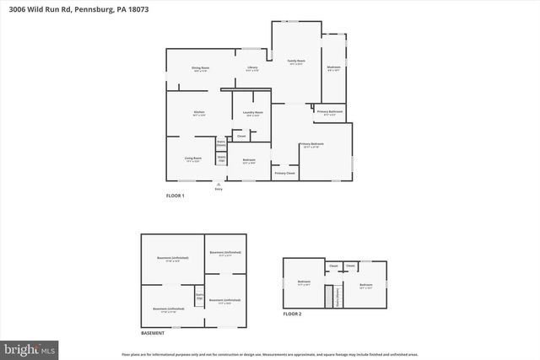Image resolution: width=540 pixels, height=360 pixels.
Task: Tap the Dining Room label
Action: pos(200,67)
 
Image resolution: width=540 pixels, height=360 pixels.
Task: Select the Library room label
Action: pos(252,67)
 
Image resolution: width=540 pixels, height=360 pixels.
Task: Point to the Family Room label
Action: pos(296,62)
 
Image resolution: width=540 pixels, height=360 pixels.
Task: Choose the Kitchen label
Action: pos(199,112)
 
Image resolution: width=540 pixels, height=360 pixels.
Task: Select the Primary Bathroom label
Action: pos(330,111)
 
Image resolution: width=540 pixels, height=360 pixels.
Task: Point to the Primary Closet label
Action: pos(284,173)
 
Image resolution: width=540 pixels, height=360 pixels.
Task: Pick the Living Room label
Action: pos(193,158)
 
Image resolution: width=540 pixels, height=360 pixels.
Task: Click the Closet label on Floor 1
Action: pos(240,136)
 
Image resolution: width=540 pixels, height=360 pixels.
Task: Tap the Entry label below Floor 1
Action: pos(219,189)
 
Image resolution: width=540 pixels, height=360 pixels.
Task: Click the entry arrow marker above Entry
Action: pos(219,183)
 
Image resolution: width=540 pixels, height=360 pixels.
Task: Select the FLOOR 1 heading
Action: pos(175,196)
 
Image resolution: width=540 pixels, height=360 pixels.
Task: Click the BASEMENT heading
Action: pos(153,335)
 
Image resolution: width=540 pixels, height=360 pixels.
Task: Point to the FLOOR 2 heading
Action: pos(292,314)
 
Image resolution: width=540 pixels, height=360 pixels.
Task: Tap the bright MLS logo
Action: pos(30,347)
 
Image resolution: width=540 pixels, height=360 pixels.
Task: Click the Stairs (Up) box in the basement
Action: pos(200,296)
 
